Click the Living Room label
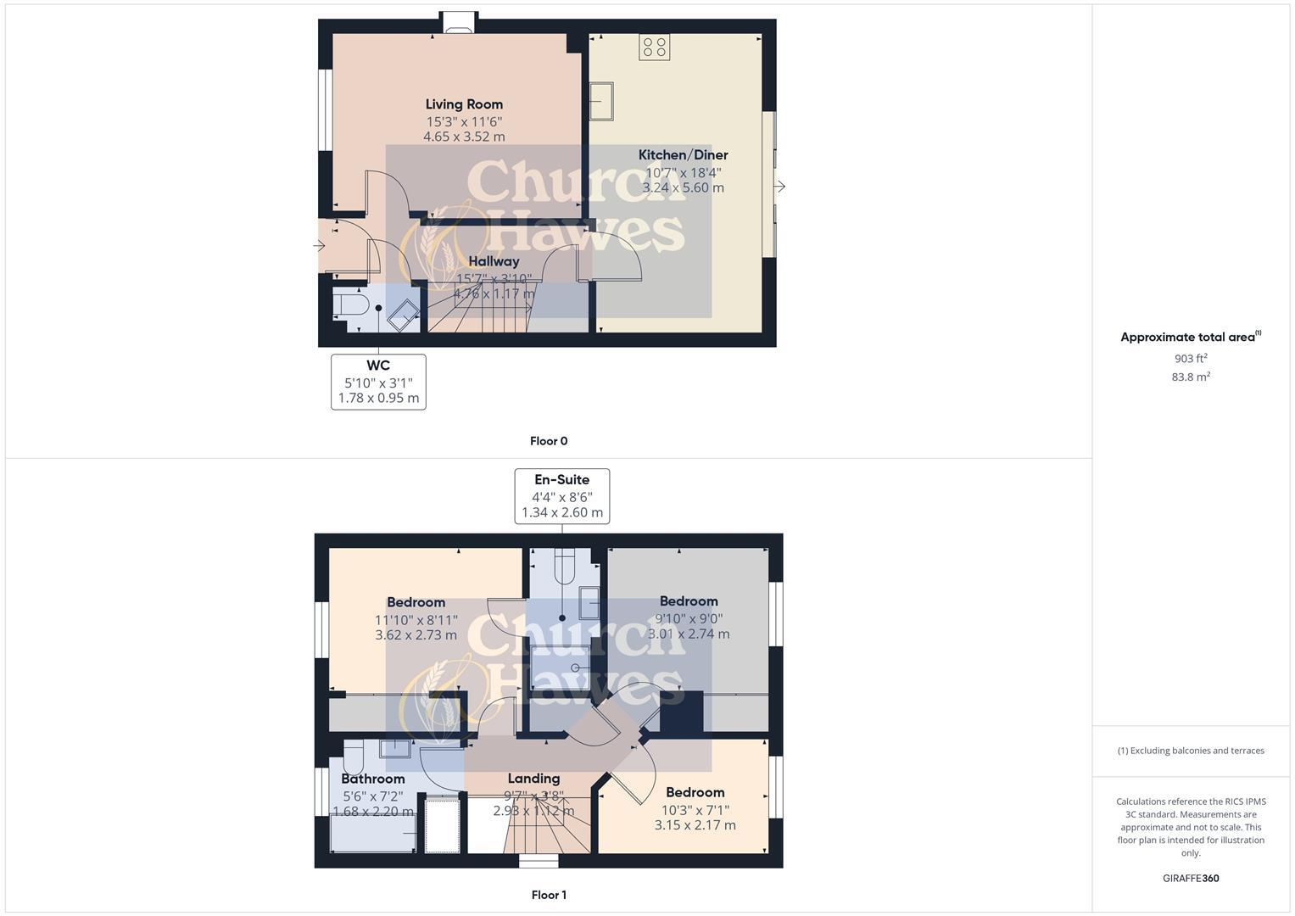[x=464, y=104]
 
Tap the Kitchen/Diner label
[x=683, y=154]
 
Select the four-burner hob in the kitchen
[x=654, y=47]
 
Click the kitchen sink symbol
[x=602, y=102]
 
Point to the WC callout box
[x=378, y=382]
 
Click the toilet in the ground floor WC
[x=349, y=304]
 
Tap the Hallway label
[x=494, y=261]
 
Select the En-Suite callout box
[x=561, y=496]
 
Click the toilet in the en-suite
[x=565, y=566]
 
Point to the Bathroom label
[x=373, y=779]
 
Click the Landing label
[x=533, y=779]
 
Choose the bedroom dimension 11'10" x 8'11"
[x=416, y=619]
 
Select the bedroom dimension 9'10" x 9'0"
[x=689, y=618]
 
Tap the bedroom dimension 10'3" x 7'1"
[x=695, y=809]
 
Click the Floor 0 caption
[x=549, y=441]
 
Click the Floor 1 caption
[x=549, y=895]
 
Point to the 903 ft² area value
[x=1191, y=358]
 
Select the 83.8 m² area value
[x=1191, y=377]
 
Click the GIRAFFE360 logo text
[x=1191, y=878]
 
